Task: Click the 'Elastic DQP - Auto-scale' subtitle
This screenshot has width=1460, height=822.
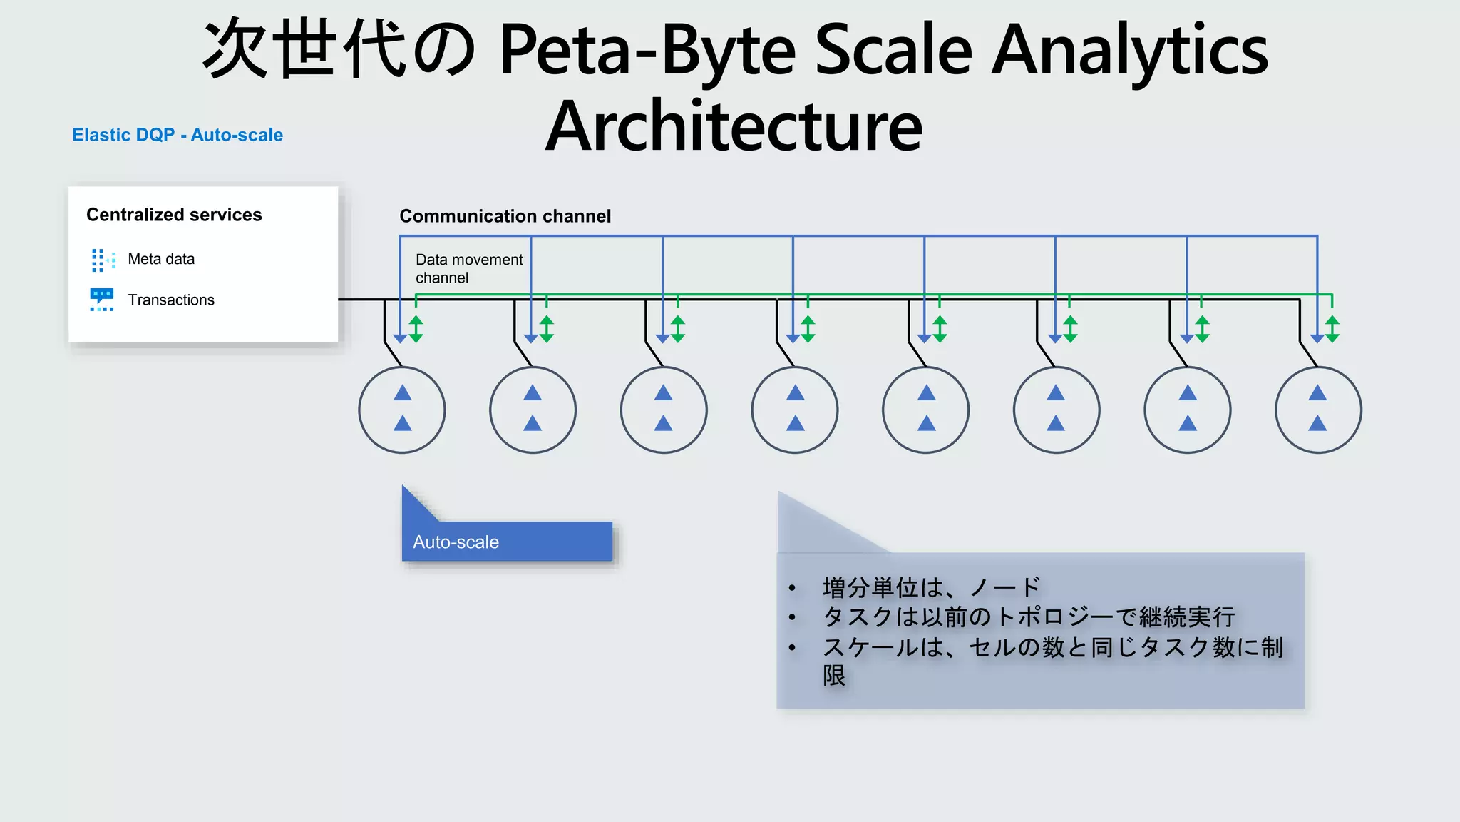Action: coord(178,135)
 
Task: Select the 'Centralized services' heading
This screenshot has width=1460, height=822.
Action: coord(174,215)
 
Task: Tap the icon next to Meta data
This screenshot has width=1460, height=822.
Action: coord(103,260)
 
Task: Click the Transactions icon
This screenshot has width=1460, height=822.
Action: coord(102,300)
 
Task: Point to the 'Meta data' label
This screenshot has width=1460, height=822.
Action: coord(161,259)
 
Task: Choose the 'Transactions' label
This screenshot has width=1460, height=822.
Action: coord(171,300)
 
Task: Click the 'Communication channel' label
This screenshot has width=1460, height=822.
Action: coord(505,216)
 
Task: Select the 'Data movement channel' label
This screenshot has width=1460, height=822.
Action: coord(468,268)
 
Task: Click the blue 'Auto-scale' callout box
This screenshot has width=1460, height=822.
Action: coord(507,542)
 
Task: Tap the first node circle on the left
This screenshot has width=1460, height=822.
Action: coord(402,410)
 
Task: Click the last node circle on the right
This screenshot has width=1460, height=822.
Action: coord(1318,410)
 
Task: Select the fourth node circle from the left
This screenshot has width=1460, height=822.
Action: coord(795,410)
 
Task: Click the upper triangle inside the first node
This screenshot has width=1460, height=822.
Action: coord(403,393)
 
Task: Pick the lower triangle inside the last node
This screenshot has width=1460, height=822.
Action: coord(1317,424)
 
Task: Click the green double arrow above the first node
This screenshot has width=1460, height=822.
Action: coord(416,329)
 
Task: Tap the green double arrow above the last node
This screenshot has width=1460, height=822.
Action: coord(1332,329)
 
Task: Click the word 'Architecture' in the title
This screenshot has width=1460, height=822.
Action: coord(734,127)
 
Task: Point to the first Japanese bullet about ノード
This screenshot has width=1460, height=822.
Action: coord(931,587)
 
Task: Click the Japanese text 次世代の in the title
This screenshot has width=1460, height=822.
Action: coord(339,50)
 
